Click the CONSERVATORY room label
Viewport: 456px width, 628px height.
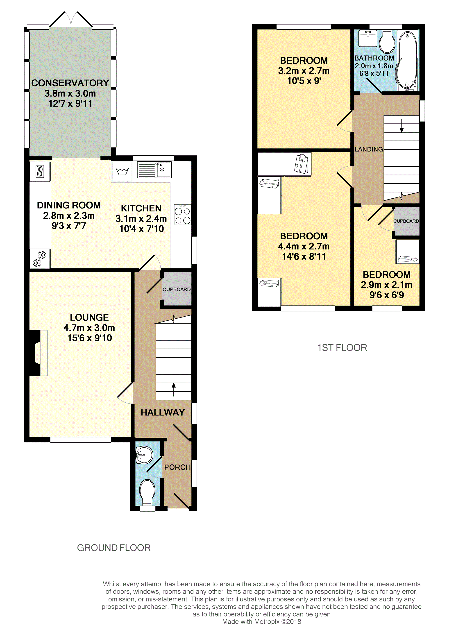coord(70,83)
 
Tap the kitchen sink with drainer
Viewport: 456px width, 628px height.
coord(154,170)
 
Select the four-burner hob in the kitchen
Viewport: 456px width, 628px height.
coord(182,215)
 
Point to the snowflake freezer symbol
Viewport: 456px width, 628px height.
coord(40,259)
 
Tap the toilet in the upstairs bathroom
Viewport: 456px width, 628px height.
coord(387,41)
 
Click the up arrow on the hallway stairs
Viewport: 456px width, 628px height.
coord(174,389)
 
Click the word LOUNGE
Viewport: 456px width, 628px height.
coord(89,317)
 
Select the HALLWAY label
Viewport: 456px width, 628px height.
coord(163,412)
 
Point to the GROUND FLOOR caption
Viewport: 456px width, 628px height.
coord(114,548)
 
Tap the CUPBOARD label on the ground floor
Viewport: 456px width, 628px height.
coord(177,289)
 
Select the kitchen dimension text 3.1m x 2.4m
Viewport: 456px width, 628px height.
coord(141,218)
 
